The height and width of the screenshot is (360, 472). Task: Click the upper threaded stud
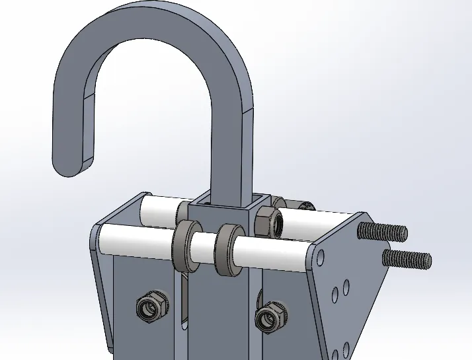tap(382, 232)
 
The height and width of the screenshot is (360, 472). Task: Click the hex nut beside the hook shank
tap(268, 221)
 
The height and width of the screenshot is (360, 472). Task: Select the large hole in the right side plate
tap(321, 257)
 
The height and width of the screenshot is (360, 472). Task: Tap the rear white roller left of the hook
tap(159, 209)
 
